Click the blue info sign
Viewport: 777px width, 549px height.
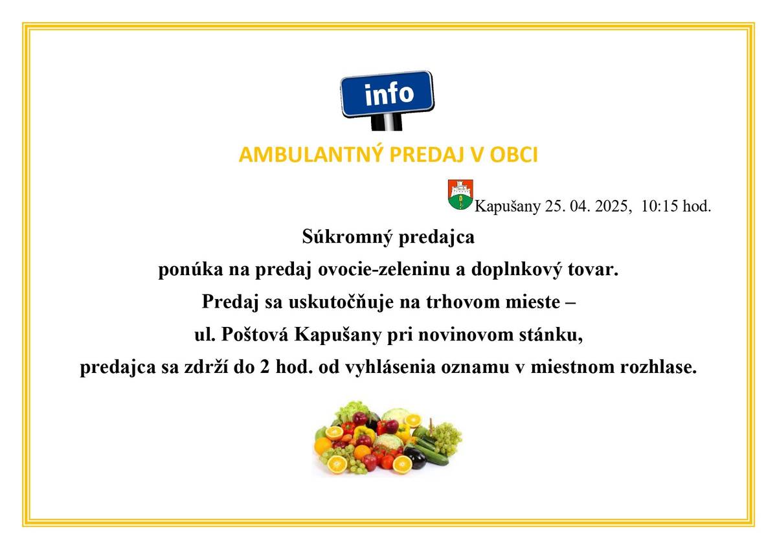[x=387, y=94]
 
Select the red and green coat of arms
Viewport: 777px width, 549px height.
[x=460, y=195]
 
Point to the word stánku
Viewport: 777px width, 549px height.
[x=557, y=336]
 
